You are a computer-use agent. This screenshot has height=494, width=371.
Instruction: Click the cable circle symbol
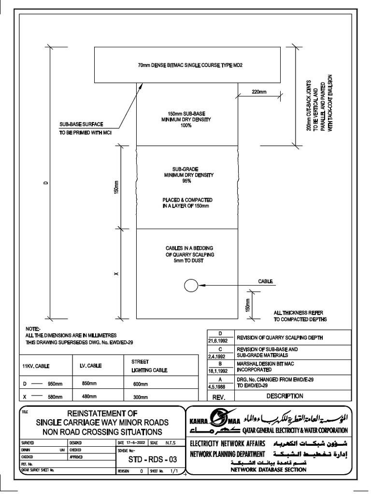(191, 286)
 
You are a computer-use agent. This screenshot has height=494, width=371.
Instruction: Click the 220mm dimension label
(258, 91)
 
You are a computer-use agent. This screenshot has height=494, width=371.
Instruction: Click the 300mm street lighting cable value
(139, 397)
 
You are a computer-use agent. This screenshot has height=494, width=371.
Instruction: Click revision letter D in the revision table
(220, 333)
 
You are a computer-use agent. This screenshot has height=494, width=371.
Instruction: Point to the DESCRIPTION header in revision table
(285, 397)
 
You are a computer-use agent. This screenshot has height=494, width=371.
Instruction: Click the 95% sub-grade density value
(187, 181)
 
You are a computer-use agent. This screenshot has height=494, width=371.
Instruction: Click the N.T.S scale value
(171, 442)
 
